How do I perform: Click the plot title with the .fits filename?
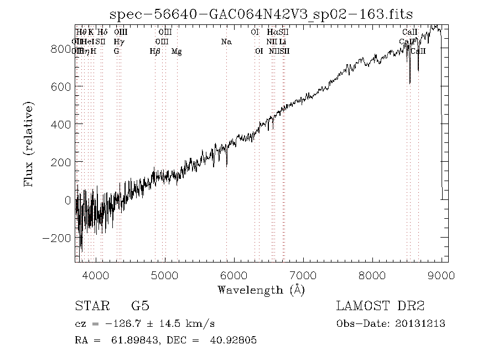(x=261, y=14)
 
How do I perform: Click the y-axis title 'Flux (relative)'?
(x=29, y=144)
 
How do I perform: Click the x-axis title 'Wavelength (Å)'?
(x=261, y=289)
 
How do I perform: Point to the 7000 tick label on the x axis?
(x=303, y=275)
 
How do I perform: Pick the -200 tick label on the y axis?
(x=58, y=238)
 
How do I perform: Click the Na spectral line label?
(x=226, y=42)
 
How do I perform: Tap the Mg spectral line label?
(x=177, y=52)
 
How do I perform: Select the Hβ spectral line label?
(x=155, y=52)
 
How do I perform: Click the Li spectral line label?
(x=283, y=42)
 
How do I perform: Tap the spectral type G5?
(x=140, y=306)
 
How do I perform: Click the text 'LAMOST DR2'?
(x=380, y=306)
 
